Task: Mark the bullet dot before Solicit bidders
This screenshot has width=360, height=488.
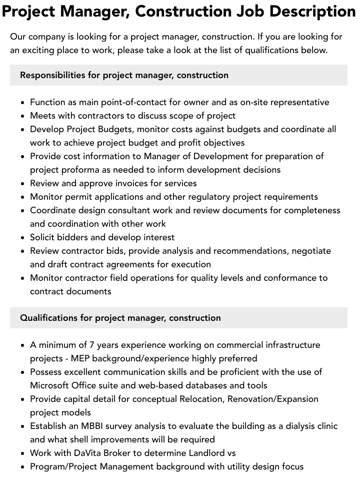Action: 23,238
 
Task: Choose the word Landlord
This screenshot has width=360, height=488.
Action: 201,453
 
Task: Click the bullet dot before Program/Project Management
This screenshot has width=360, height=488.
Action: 23,467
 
